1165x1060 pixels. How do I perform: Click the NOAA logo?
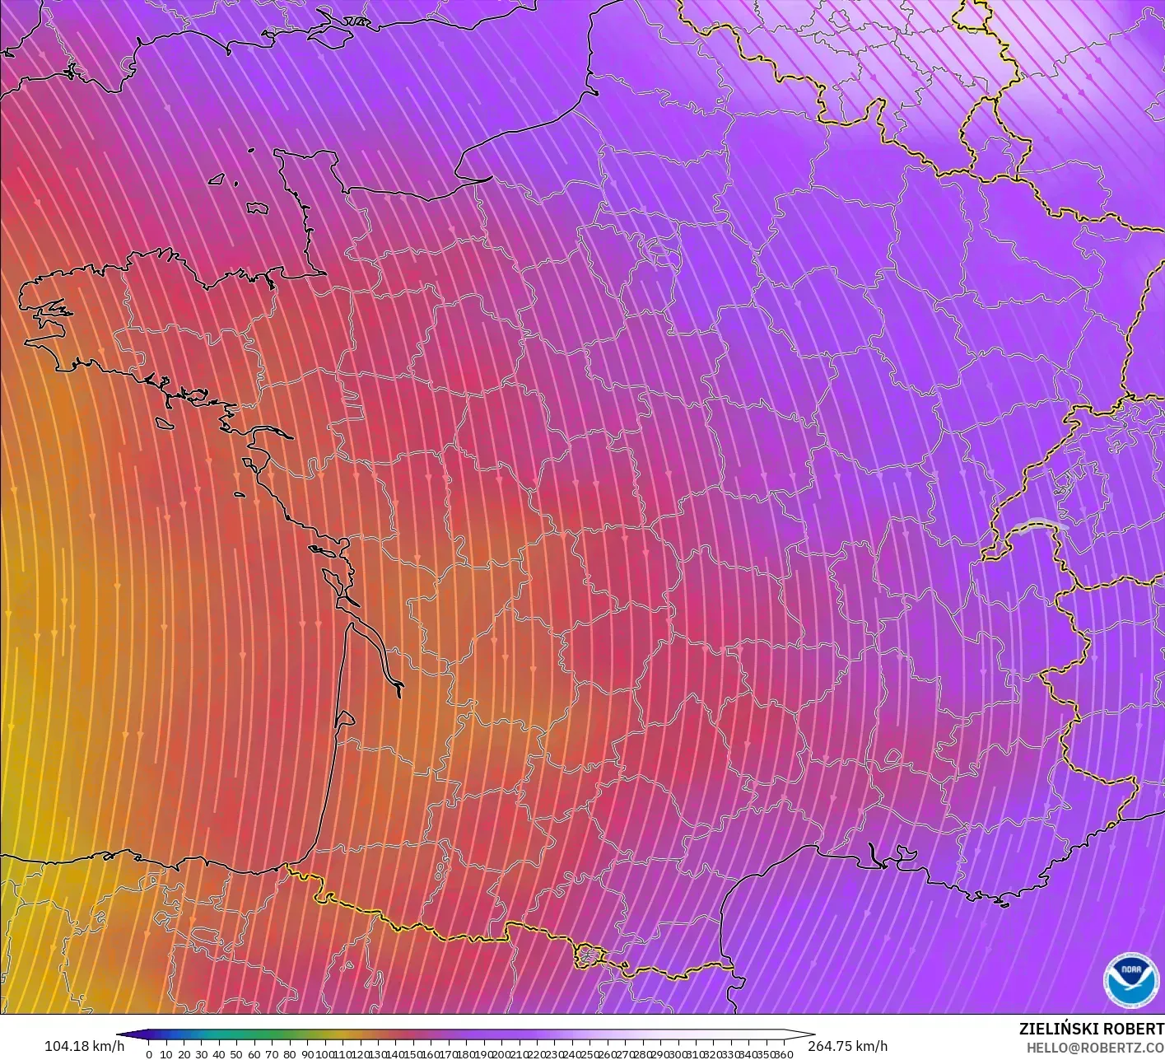pyautogui.click(x=1130, y=979)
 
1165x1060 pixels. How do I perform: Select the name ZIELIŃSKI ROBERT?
pyautogui.click(x=1091, y=1029)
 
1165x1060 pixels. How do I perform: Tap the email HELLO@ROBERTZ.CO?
pyautogui.click(x=1089, y=1046)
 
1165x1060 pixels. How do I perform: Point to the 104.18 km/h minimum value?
pyautogui.click(x=84, y=1046)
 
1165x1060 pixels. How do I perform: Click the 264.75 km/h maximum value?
pyautogui.click(x=847, y=1046)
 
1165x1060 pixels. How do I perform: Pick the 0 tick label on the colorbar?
pyautogui.click(x=148, y=1054)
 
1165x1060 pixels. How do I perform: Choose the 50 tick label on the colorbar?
pyautogui.click(x=236, y=1054)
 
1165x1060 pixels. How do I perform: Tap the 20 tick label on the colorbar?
pyautogui.click(x=184, y=1054)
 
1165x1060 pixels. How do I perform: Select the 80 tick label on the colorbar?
pyautogui.click(x=289, y=1054)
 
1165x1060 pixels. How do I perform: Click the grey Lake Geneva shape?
pyautogui.click(x=1039, y=525)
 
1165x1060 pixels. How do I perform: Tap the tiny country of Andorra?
pyautogui.click(x=588, y=955)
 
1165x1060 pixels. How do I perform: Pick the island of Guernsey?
pyautogui.click(x=217, y=179)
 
